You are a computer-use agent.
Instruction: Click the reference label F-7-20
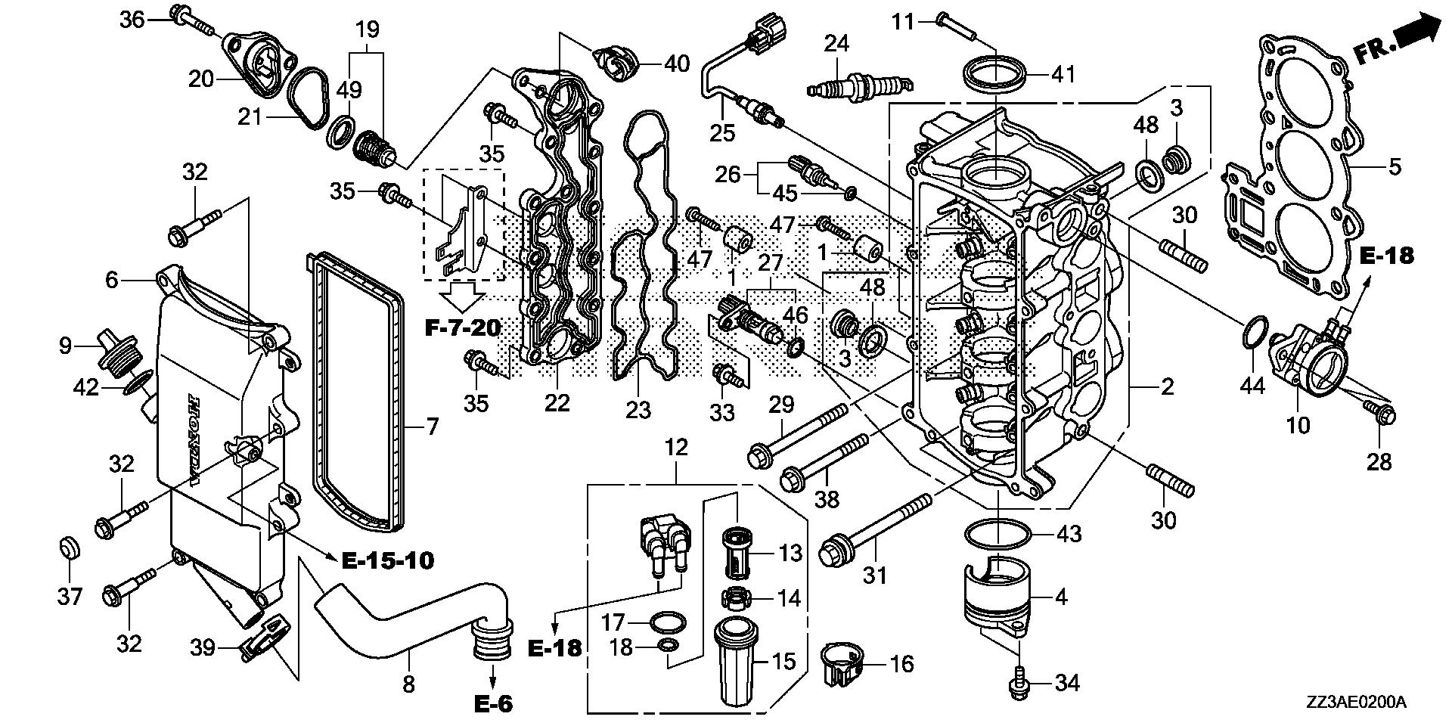tap(463, 327)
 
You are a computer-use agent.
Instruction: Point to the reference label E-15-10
tap(388, 560)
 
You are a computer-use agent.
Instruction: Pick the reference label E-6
tap(494, 704)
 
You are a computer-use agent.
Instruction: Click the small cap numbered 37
tap(70, 547)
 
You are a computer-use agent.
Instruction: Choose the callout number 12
tap(676, 448)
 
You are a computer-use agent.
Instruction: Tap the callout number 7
tap(432, 427)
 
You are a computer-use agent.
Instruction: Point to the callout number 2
tap(1168, 386)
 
